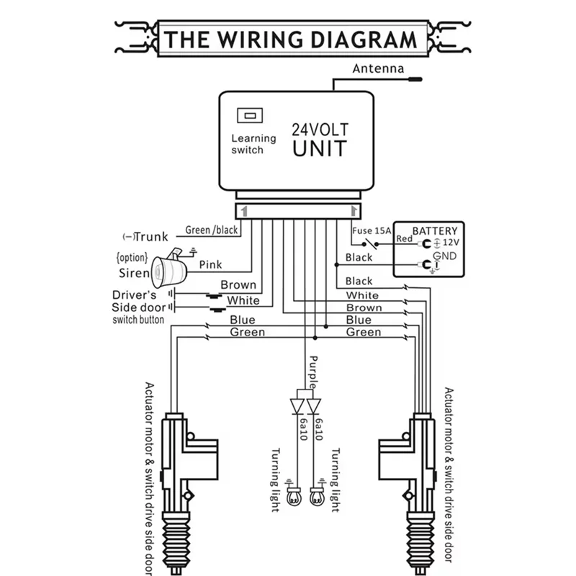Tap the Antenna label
pos(377,69)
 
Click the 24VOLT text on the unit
pos(320,130)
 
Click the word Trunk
pos(151,236)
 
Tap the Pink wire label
pos(210,264)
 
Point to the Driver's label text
pos(135,294)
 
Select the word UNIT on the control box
pos(320,150)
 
